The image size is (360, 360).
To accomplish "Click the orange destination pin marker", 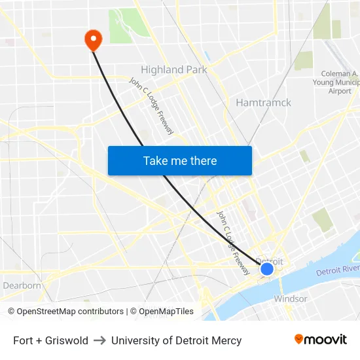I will click(x=93, y=40).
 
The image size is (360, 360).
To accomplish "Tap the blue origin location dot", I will click(x=267, y=268).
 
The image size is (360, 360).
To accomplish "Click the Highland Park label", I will click(x=174, y=69).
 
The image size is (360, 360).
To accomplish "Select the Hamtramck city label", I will click(x=263, y=103).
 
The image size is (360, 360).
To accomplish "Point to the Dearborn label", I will click(x=22, y=285).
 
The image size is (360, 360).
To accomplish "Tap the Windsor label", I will click(x=291, y=298).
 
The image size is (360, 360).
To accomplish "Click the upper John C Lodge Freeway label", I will click(x=151, y=106).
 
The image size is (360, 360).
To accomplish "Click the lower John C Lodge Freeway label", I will click(x=233, y=242).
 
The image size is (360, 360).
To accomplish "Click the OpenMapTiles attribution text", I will click(x=162, y=312).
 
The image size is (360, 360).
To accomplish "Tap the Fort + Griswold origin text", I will click(x=50, y=340).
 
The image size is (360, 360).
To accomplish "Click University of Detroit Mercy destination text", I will click(x=176, y=340).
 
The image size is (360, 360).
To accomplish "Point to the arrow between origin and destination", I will click(x=99, y=340).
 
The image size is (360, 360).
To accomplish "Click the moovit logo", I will click(x=320, y=339).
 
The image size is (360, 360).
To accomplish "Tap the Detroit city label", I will click(x=270, y=261).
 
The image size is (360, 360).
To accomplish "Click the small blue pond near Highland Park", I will click(x=207, y=56).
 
